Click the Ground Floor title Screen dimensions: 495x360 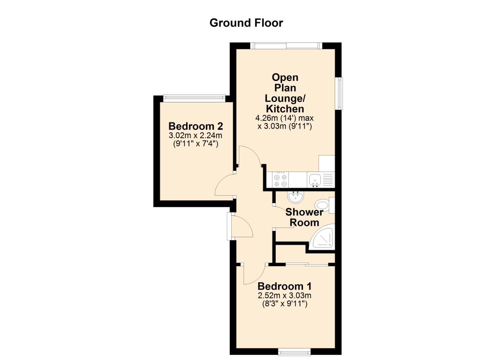coord(246,23)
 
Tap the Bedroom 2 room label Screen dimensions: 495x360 coord(196,126)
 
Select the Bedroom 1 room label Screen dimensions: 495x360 coord(285,286)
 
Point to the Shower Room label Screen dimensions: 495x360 coord(304,217)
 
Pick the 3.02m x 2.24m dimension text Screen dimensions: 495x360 coord(195,135)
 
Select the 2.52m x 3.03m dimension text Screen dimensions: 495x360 coord(285,295)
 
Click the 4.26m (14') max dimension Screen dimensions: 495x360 coord(284,118)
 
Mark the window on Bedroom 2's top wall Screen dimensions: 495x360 coord(194,98)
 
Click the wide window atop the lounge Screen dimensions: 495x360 coord(286,46)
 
